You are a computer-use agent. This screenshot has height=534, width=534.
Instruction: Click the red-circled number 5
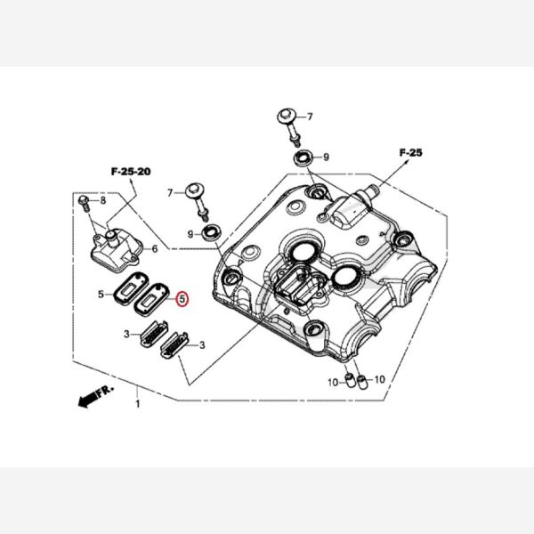coord(182,299)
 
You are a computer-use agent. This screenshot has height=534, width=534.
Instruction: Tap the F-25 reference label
coord(410,152)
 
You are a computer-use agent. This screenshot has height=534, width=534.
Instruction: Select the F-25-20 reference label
coord(131,171)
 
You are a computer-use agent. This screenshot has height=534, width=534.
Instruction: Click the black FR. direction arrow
coord(89,400)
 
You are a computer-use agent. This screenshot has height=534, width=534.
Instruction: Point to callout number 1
coord(138,404)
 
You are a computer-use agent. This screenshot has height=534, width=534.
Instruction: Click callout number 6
coord(155,249)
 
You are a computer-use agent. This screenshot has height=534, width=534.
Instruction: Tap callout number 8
coord(103,200)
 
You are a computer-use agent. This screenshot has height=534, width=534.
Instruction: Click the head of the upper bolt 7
coord(286,116)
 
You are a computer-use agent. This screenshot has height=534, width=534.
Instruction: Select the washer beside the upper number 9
coord(303,158)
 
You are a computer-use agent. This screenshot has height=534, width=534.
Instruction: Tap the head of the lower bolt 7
coord(194,191)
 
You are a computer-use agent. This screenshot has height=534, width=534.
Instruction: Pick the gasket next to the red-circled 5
coord(151,298)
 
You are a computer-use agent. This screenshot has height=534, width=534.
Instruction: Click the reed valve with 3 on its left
coord(154,334)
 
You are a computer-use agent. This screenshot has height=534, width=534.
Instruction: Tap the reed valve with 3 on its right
coord(174,344)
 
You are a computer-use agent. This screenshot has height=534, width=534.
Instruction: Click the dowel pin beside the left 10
coord(350,380)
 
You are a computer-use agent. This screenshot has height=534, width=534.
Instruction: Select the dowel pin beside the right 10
coord(363,383)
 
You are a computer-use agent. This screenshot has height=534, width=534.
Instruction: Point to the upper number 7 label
coord(309,117)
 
